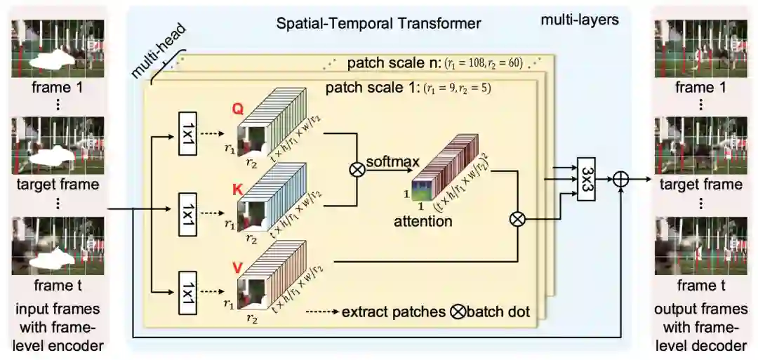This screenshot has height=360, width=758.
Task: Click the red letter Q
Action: (237, 110)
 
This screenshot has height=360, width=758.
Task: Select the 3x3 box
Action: (587, 180)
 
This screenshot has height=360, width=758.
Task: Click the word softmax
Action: (397, 162)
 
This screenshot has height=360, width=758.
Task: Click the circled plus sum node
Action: (620, 180)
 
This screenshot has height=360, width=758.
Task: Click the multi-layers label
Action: (579, 20)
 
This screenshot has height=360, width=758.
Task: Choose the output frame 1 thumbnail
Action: (700, 48)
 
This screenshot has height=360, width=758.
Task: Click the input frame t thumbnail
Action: (58, 246)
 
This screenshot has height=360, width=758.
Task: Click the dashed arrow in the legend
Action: (321, 311)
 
